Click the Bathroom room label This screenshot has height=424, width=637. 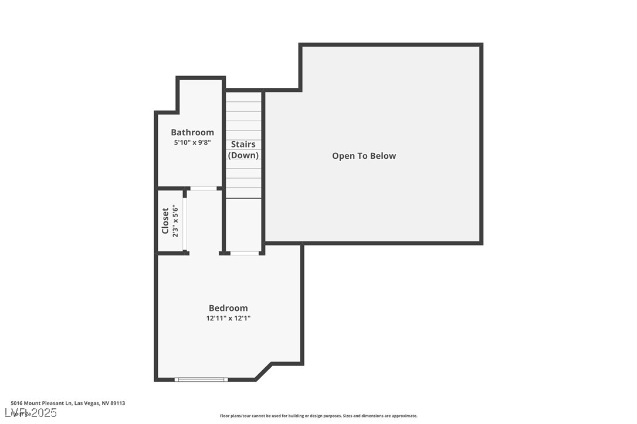(x=192, y=132)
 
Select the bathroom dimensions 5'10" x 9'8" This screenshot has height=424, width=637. (x=192, y=142)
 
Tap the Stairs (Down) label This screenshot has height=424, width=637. (x=243, y=150)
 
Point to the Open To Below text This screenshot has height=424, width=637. (x=364, y=156)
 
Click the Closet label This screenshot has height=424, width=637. (x=165, y=221)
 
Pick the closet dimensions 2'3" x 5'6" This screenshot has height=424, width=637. (x=175, y=221)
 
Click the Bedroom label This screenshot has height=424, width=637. (x=228, y=308)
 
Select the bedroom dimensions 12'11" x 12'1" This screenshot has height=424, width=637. (x=228, y=319)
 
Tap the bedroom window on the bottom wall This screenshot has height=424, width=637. (x=201, y=379)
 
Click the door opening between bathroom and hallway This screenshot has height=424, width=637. (x=203, y=189)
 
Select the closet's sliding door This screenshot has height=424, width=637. (x=185, y=221)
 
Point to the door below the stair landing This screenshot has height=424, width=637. (x=245, y=253)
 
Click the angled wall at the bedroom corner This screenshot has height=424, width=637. (x=264, y=371)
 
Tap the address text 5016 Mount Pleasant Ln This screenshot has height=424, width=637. (x=41, y=403)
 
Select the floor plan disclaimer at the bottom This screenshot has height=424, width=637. (x=318, y=416)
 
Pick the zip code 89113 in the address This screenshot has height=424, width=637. (x=117, y=403)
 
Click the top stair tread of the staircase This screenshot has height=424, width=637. (x=244, y=97)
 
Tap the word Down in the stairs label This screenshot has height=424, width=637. (x=243, y=155)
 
